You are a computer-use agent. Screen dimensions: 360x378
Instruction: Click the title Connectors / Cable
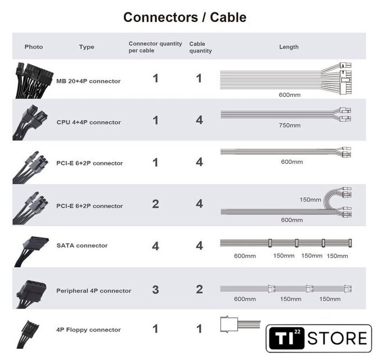pyautogui.click(x=184, y=17)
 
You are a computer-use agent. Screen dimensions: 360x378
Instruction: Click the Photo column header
pyautogui.click(x=34, y=47)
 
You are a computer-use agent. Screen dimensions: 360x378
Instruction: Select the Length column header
pyautogui.click(x=289, y=47)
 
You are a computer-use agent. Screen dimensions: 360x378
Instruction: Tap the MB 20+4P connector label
pyautogui.click(x=88, y=81)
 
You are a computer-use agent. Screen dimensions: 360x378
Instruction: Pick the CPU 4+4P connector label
pyautogui.click(x=88, y=122)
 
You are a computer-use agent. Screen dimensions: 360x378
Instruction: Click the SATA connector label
pyautogui.click(x=82, y=245)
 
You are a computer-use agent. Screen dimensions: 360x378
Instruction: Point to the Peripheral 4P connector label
pyautogui.click(x=93, y=291)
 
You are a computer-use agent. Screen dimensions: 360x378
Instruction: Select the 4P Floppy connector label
pyautogui.click(x=88, y=330)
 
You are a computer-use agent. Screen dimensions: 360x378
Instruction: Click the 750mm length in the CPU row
pyautogui.click(x=290, y=125)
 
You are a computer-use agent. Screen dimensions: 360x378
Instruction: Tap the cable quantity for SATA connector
pyautogui.click(x=199, y=246)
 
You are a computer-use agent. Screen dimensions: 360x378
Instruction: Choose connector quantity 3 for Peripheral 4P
pyautogui.click(x=155, y=290)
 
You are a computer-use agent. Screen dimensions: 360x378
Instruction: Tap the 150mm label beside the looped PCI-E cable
pyautogui.click(x=310, y=199)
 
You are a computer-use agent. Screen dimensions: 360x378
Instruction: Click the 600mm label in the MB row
pyautogui.click(x=290, y=94)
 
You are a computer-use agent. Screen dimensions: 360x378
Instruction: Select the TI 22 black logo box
pyautogui.click(x=285, y=339)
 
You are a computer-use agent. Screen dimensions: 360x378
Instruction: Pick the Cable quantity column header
pyautogui.click(x=200, y=47)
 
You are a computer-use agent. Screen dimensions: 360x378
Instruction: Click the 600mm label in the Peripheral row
pyautogui.click(x=245, y=299)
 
